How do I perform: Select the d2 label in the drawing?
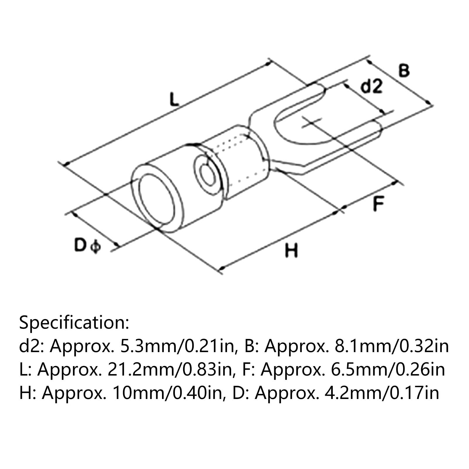click(371, 87)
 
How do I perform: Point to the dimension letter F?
click(378, 204)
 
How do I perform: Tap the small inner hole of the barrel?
click(208, 176)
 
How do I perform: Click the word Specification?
click(74, 323)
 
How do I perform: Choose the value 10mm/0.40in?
click(167, 393)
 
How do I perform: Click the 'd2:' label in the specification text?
click(31, 346)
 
